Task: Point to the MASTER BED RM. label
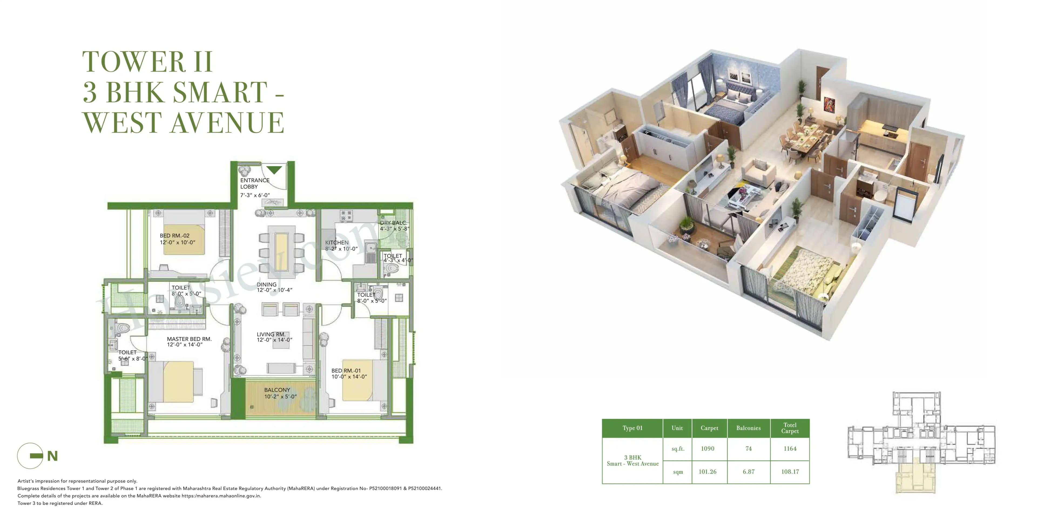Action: pyautogui.click(x=189, y=339)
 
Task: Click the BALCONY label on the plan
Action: pyautogui.click(x=277, y=390)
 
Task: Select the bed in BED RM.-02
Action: pyautogui.click(x=184, y=239)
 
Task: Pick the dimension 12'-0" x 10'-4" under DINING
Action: pyautogui.click(x=275, y=290)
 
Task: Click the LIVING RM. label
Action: pyautogui.click(x=271, y=334)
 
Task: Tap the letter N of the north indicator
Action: pyautogui.click(x=52, y=456)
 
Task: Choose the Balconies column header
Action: pyautogui.click(x=748, y=428)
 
